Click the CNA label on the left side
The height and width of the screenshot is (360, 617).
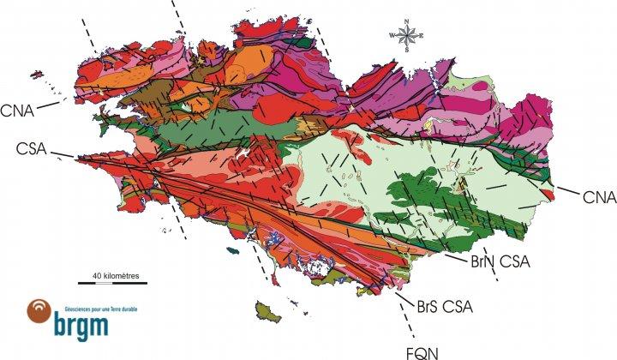tap(18, 110)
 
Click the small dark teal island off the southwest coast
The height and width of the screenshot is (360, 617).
tap(232, 251)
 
